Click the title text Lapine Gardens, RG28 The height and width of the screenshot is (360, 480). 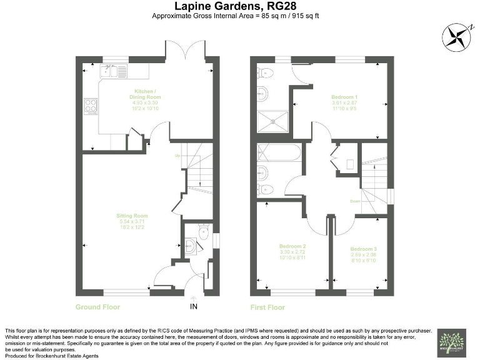click(x=240, y=6)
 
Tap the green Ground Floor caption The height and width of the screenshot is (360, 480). click(x=97, y=307)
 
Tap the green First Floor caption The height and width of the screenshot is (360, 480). click(x=268, y=307)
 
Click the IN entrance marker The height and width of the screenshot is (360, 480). click(x=193, y=306)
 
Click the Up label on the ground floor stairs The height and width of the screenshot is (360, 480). click(x=177, y=155)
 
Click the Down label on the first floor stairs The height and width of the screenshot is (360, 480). click(x=354, y=201)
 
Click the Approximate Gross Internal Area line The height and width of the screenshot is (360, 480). click(x=240, y=16)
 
